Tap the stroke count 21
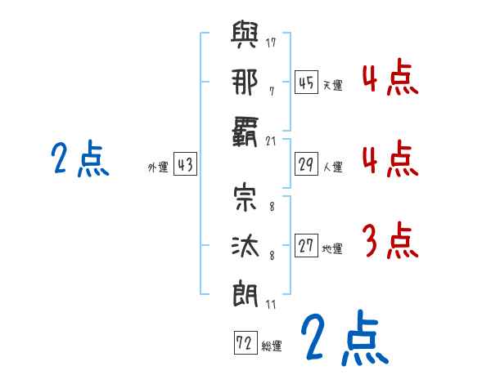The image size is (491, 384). click(272, 141)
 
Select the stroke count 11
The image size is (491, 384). click(272, 304)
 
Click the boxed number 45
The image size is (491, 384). click(306, 83)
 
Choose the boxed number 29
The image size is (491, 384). click(306, 164)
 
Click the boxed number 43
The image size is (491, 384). click(185, 164)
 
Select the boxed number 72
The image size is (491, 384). click(245, 343)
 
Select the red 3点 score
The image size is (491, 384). click(390, 240)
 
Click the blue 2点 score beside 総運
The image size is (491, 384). click(342, 337)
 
